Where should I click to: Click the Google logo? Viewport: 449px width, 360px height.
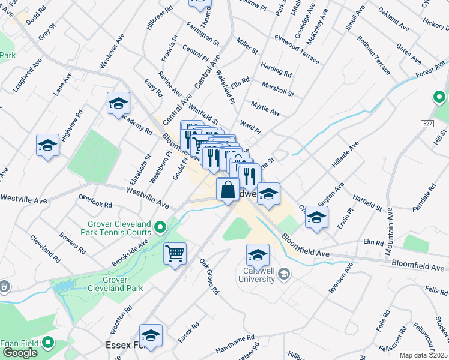20,353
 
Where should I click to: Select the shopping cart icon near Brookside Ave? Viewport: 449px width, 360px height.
175,253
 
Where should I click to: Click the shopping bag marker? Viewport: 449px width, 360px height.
228,190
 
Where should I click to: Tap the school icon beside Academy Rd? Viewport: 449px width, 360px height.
119,103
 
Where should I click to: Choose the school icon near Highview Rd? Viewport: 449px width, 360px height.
47,145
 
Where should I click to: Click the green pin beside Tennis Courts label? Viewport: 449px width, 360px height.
160,227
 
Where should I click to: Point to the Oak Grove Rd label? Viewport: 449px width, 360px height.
209,276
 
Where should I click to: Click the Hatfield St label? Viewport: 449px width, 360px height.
367,202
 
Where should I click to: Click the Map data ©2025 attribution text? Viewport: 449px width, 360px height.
424,355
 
